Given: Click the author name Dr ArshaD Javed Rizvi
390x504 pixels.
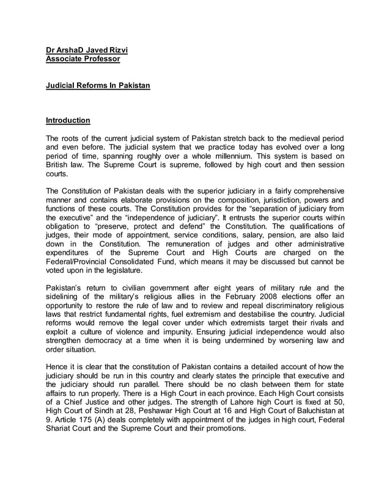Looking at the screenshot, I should click(87, 50).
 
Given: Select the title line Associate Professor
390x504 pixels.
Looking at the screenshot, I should click(83, 59).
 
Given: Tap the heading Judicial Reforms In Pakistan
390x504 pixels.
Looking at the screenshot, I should click(98, 86).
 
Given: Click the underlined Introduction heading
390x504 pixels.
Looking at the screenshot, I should click(68, 121).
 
